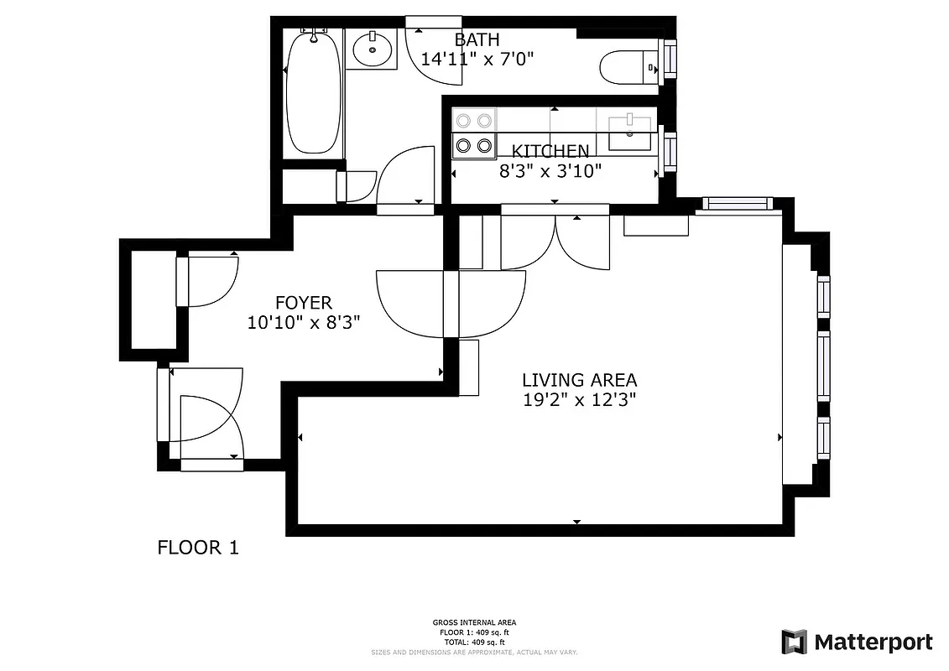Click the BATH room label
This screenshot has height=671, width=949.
tap(477, 39)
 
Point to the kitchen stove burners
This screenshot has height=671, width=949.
tap(472, 134)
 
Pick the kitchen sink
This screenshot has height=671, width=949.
tap(629, 133)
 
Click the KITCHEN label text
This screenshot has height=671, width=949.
tap(550, 151)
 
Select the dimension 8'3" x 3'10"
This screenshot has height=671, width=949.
tap(550, 170)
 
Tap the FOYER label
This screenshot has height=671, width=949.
tap(304, 303)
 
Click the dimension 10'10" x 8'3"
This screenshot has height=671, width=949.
tap(304, 322)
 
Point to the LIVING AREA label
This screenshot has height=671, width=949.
tap(579, 380)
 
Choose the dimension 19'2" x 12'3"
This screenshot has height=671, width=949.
tap(579, 400)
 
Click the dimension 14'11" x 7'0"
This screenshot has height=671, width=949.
tap(477, 59)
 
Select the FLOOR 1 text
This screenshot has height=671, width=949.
tap(198, 548)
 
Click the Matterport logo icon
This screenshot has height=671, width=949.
tap(794, 642)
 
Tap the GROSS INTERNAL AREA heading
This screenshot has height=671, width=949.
tap(474, 622)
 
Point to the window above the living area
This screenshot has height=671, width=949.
tap(736, 202)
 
